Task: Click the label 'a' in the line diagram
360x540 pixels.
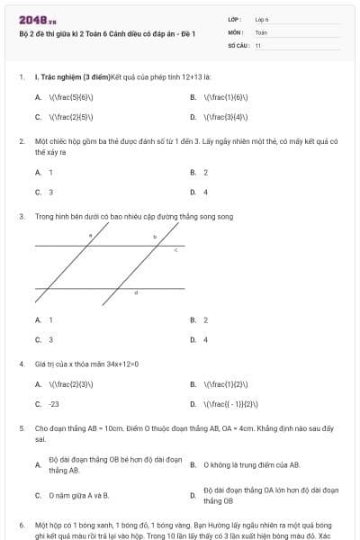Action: pyautogui.click(x=90, y=236)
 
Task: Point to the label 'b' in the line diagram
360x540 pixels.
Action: pyautogui.click(x=154, y=236)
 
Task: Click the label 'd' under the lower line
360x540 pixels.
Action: pyautogui.click(x=136, y=293)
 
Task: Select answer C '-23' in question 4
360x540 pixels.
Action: pyautogui.click(x=54, y=404)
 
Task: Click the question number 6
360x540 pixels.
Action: pyautogui.click(x=21, y=523)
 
